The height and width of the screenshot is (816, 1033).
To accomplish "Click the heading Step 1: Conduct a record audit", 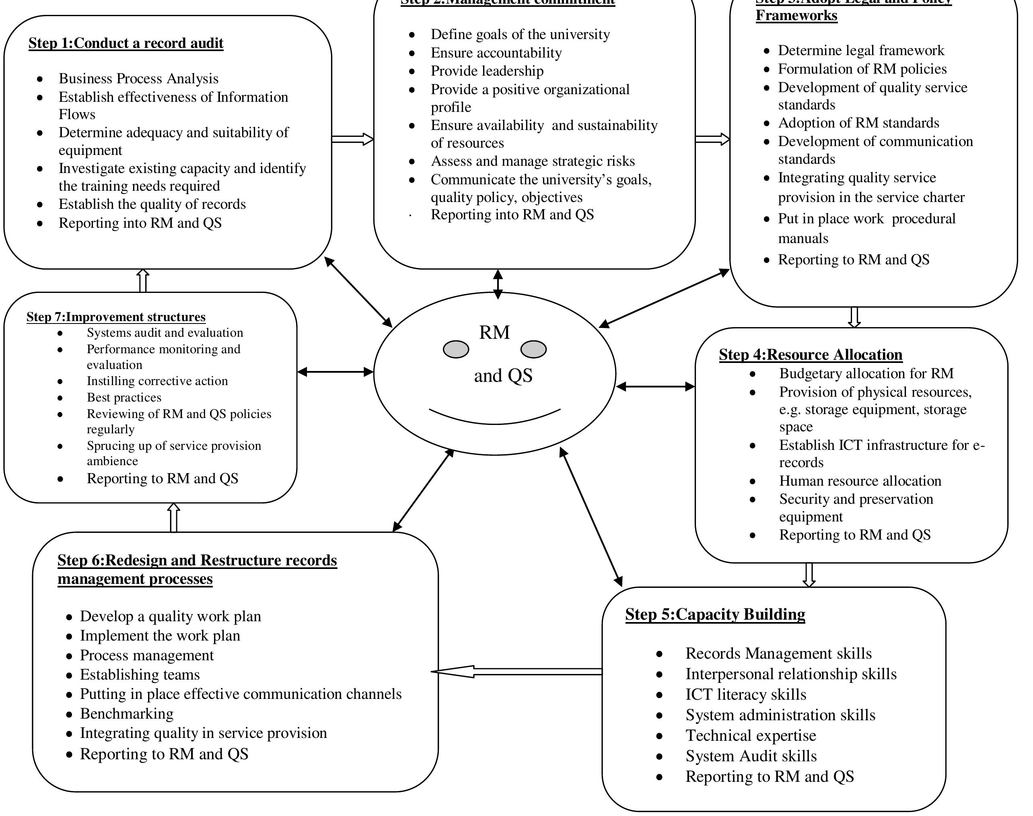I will pos(126,43).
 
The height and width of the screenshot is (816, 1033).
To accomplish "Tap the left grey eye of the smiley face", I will pos(456,349).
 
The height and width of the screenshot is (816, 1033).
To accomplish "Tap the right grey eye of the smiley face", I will pos(533,349).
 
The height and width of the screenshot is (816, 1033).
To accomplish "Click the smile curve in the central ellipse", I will pos(494,420).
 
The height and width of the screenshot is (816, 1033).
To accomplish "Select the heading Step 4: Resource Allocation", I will pos(810,354).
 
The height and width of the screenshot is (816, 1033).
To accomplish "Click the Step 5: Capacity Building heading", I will pos(714,614).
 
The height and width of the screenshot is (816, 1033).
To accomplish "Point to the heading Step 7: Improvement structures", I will pos(115,317).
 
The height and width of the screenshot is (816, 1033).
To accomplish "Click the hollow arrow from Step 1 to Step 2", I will pos(352,139).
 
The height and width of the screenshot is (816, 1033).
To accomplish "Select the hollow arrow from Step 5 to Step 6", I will pos(516,671).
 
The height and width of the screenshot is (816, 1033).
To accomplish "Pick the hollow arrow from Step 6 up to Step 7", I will pos(174,517).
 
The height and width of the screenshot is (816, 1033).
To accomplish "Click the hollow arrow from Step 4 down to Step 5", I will pos(809,575).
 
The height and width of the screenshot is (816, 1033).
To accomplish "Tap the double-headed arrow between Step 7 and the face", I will pos(335,372).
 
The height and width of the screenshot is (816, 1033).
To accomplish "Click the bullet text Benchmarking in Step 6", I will pos(127,713).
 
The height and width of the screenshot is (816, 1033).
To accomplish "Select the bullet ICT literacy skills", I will pos(745,694).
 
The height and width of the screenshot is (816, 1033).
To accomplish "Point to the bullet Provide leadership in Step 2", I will pos(487,71).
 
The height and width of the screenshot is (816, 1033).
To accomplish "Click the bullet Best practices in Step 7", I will pos(123,398).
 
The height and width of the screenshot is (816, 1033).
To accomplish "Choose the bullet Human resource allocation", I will pos(860,480).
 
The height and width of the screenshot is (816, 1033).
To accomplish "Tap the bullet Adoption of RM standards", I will pos(858,123).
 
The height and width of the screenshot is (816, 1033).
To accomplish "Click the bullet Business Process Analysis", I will pos(138,78).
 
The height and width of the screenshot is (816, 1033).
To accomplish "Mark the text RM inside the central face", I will pos(494,332).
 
